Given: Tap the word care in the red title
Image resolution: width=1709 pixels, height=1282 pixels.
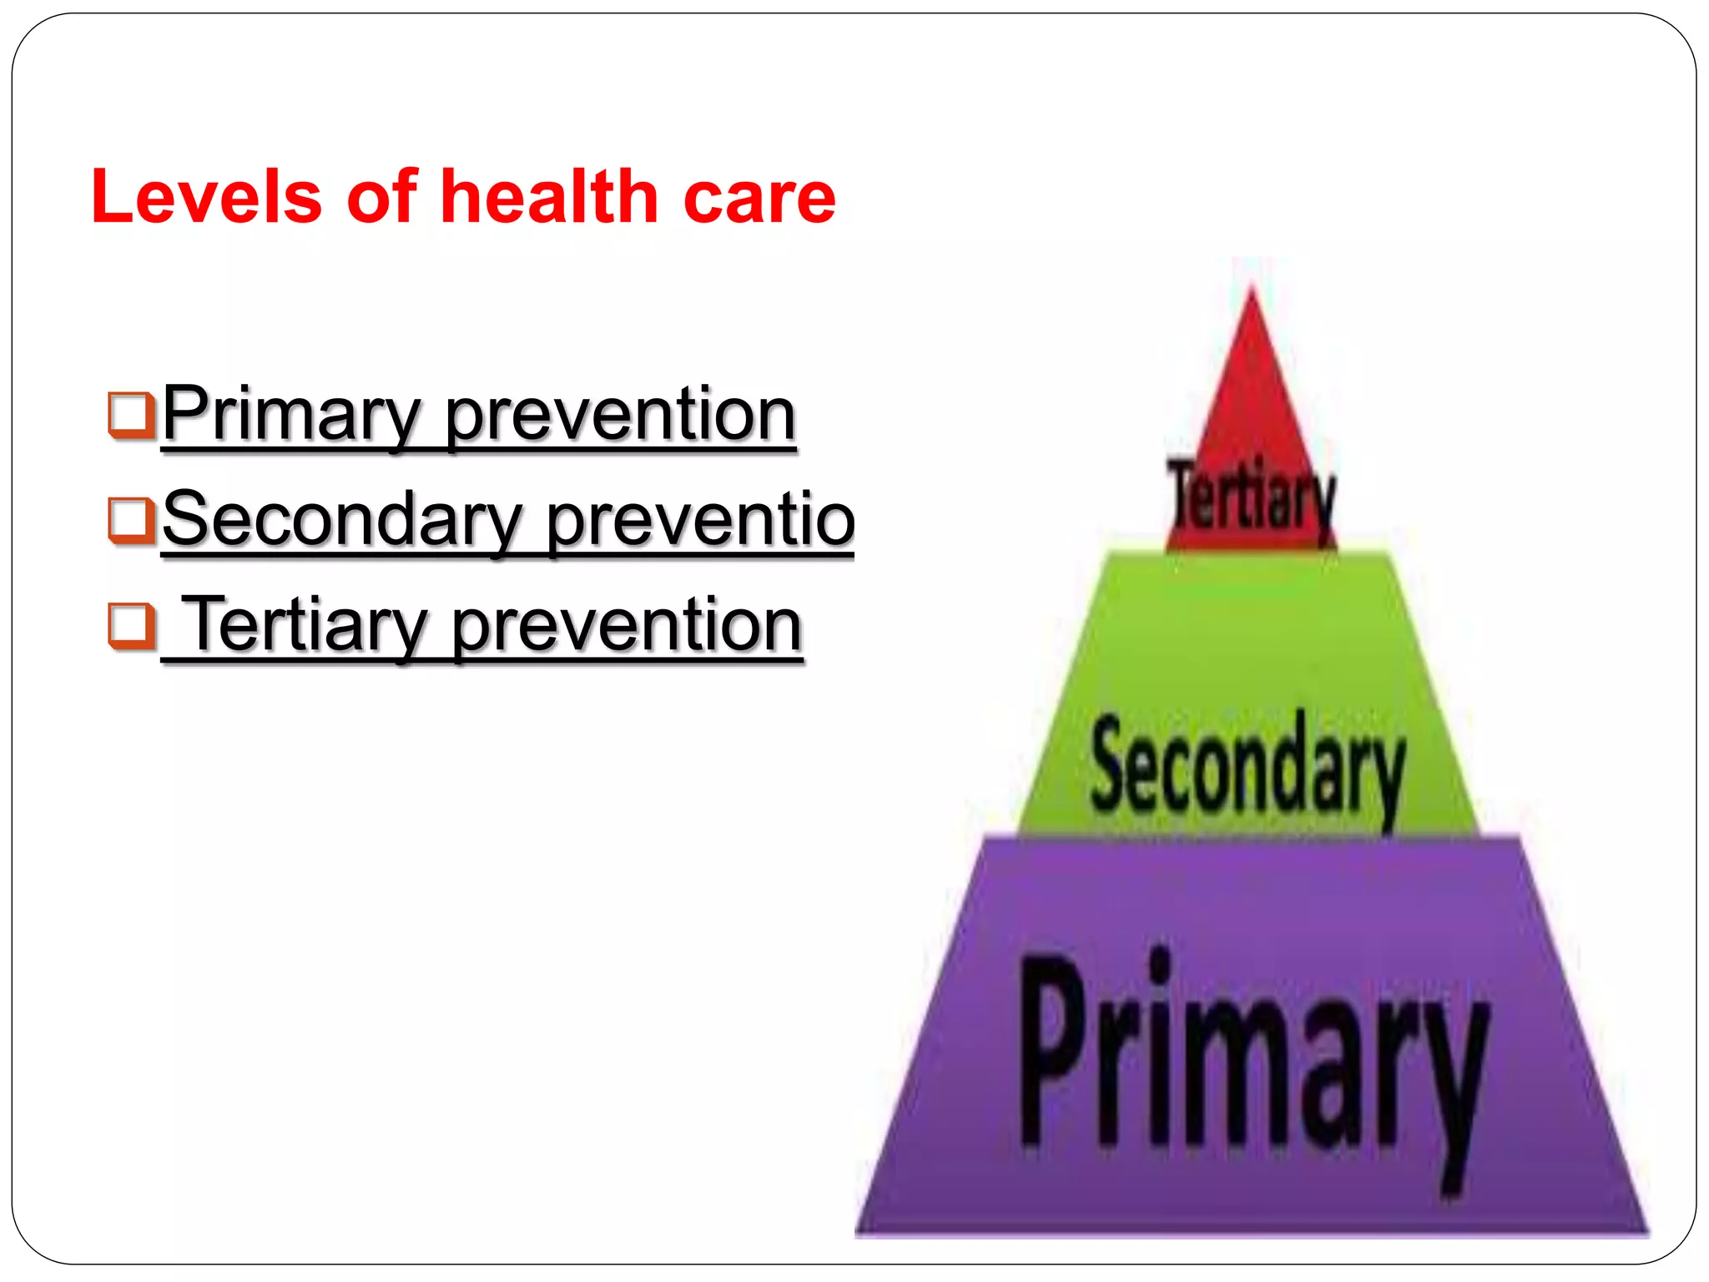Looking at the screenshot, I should point(759,199).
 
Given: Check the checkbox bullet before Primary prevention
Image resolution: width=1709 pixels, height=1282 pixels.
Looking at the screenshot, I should point(130,415).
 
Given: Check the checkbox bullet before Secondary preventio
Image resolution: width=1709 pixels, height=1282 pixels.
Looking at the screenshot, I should point(130,520).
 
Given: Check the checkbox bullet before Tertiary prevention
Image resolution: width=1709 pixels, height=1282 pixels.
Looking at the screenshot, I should point(130,625).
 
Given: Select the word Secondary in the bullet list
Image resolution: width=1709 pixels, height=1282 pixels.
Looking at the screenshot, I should point(342,520).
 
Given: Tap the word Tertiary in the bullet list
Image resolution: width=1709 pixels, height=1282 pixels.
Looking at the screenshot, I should point(305,625).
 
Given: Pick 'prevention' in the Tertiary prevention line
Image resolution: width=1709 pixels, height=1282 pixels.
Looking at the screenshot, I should point(627,625).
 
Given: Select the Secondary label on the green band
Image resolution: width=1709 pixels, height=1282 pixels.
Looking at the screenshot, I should point(1248,765).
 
